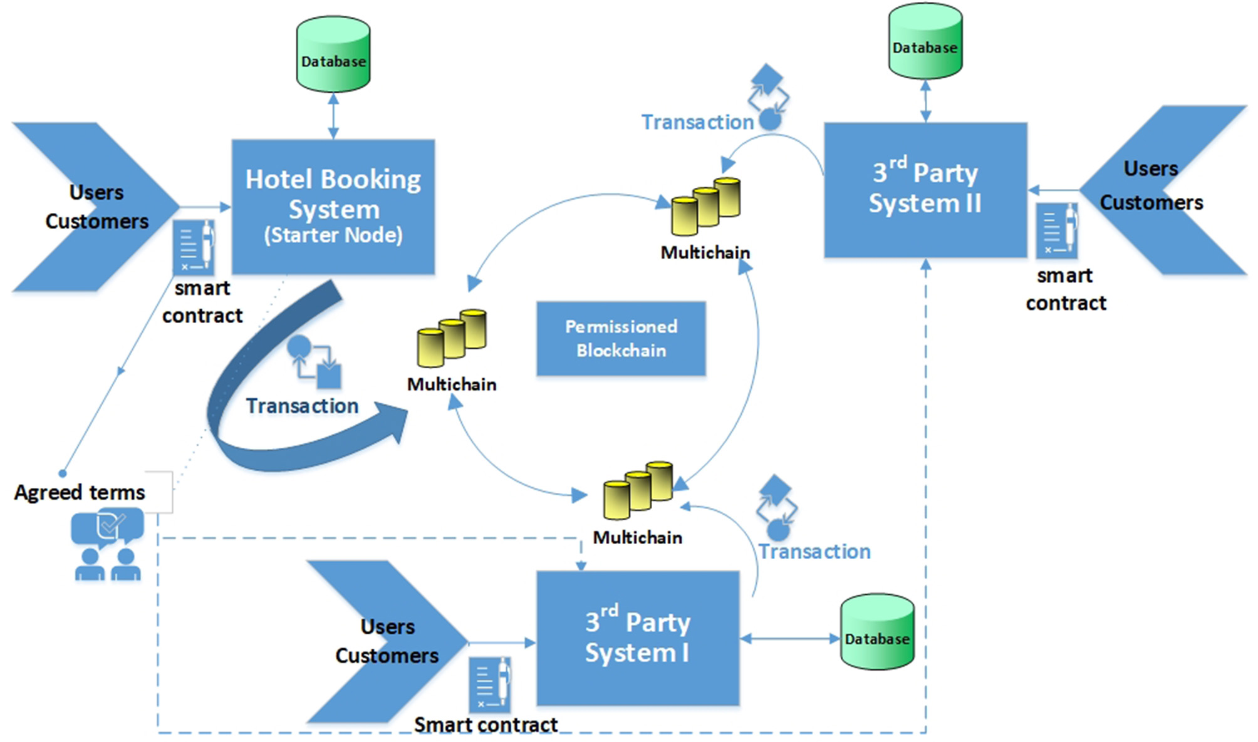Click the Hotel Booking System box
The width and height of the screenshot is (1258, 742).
[x=333, y=207]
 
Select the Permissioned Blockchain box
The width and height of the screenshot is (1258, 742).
[x=621, y=339]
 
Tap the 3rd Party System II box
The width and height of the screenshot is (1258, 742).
[x=925, y=190]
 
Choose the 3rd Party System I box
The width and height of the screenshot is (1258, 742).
[x=638, y=638]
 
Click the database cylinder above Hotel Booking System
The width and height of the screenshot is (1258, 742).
[x=333, y=54]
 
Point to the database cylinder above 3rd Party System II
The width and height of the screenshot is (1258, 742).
[x=925, y=41]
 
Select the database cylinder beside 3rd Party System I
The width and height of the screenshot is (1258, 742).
[x=876, y=632]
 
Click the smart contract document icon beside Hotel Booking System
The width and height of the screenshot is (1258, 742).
[x=194, y=247]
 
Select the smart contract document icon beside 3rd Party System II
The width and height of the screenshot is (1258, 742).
[x=1057, y=230]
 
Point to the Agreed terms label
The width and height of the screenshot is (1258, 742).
[x=80, y=492]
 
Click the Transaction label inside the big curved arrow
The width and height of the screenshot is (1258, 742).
[x=302, y=406]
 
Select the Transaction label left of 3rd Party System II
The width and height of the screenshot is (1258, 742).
[x=697, y=122]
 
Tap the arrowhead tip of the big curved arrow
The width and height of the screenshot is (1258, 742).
[x=406, y=413]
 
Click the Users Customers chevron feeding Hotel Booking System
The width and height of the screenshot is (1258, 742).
[x=94, y=207]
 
